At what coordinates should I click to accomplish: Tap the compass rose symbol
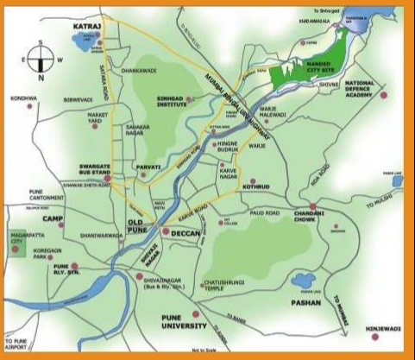pyautogui.click(x=41, y=59)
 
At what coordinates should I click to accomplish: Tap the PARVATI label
pyautogui.click(x=148, y=167)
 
